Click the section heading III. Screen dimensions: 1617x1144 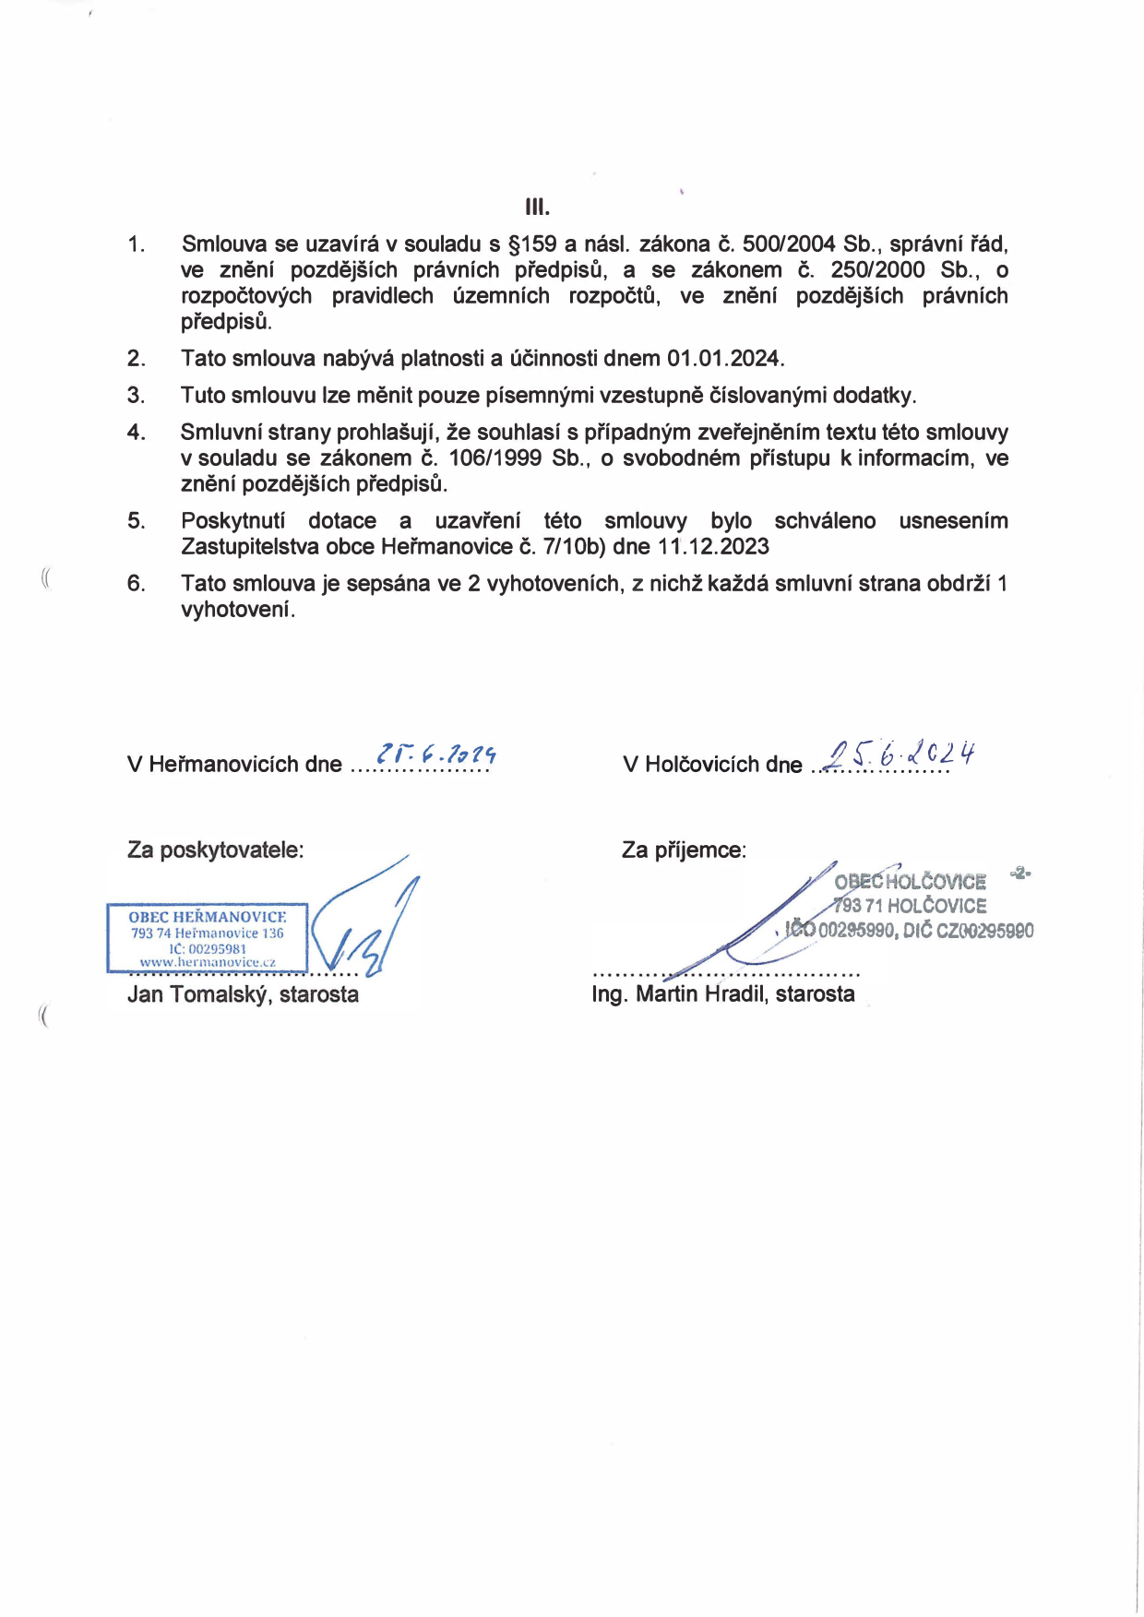point(537,207)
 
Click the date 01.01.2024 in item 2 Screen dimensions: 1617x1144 point(725,359)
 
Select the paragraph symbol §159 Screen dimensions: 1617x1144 point(532,244)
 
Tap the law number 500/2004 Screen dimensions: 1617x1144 point(789,244)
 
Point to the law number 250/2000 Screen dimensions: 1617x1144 point(877,270)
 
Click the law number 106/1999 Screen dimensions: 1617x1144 point(495,458)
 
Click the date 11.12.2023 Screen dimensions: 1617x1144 point(713,547)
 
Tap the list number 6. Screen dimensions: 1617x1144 point(137,584)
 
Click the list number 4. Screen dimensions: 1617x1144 point(137,433)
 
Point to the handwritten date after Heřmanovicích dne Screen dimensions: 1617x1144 point(436,755)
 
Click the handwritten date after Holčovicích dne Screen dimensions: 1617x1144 point(900,755)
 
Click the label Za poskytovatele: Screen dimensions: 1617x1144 point(215,850)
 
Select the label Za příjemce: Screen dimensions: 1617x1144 point(684,850)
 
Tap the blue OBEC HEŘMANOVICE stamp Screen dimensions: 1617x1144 point(208,937)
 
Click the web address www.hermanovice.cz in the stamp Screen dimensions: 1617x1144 point(208,962)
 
